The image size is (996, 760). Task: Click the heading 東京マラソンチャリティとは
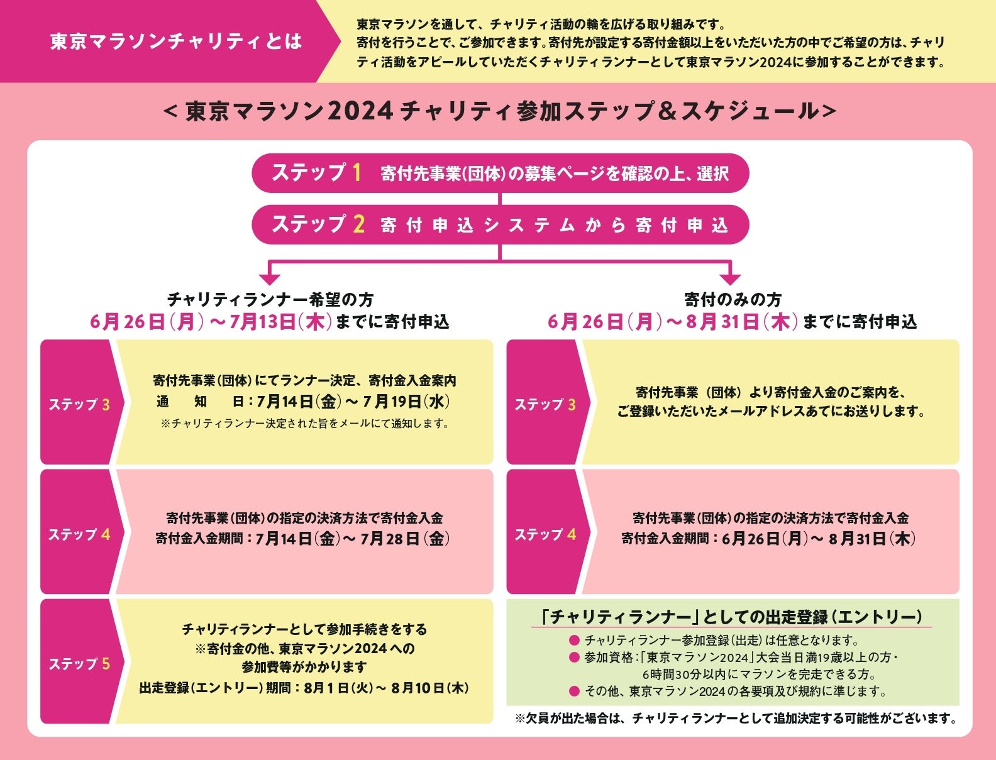176,41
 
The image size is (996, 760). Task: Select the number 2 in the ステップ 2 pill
358,224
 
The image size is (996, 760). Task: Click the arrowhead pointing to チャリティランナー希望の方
270,277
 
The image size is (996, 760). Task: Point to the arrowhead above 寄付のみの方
730,277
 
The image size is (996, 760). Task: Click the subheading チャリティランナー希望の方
270,299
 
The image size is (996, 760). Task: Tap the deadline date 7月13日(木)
280,322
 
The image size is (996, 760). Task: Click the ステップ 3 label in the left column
79,404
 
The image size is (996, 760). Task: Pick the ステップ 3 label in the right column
545,404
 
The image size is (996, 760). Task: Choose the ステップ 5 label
79,664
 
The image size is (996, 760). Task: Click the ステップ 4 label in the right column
545,534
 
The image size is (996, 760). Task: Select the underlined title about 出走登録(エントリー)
732,617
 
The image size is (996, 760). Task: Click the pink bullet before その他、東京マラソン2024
573,691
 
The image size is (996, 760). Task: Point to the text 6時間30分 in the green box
668,675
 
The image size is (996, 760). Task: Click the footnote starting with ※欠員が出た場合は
736,718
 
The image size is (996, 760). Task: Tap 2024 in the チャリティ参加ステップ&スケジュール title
360,111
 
